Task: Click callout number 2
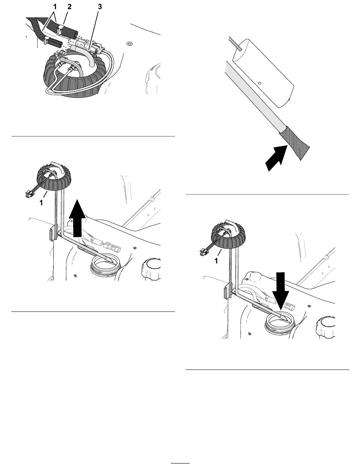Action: (69, 7)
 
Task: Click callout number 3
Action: (100, 7)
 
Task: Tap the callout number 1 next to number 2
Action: (55, 7)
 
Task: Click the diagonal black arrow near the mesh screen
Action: (276, 158)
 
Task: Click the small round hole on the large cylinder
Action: (260, 83)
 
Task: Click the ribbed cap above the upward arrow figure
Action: (54, 177)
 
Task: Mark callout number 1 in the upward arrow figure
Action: (41, 203)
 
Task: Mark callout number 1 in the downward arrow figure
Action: (216, 261)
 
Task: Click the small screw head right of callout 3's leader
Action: (129, 44)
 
